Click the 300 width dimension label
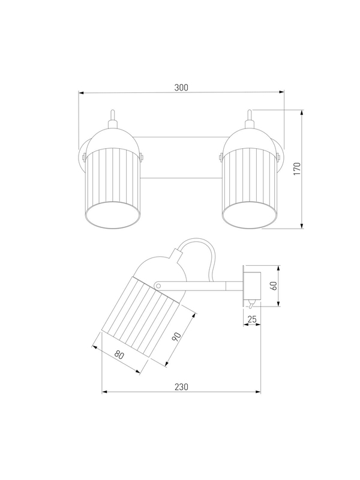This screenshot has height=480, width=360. tap(181, 88)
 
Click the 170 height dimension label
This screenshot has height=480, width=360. tap(297, 169)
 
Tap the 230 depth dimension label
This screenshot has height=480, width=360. tap(182, 387)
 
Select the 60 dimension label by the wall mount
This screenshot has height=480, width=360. tap(274, 286)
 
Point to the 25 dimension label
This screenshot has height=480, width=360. tap(252, 319)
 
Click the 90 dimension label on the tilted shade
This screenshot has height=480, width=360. tap(176, 337)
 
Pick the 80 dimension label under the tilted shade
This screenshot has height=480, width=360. tap(119, 355)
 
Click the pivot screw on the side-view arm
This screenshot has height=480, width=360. tap(158, 286)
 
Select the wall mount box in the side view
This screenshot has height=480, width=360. tap(252, 286)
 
